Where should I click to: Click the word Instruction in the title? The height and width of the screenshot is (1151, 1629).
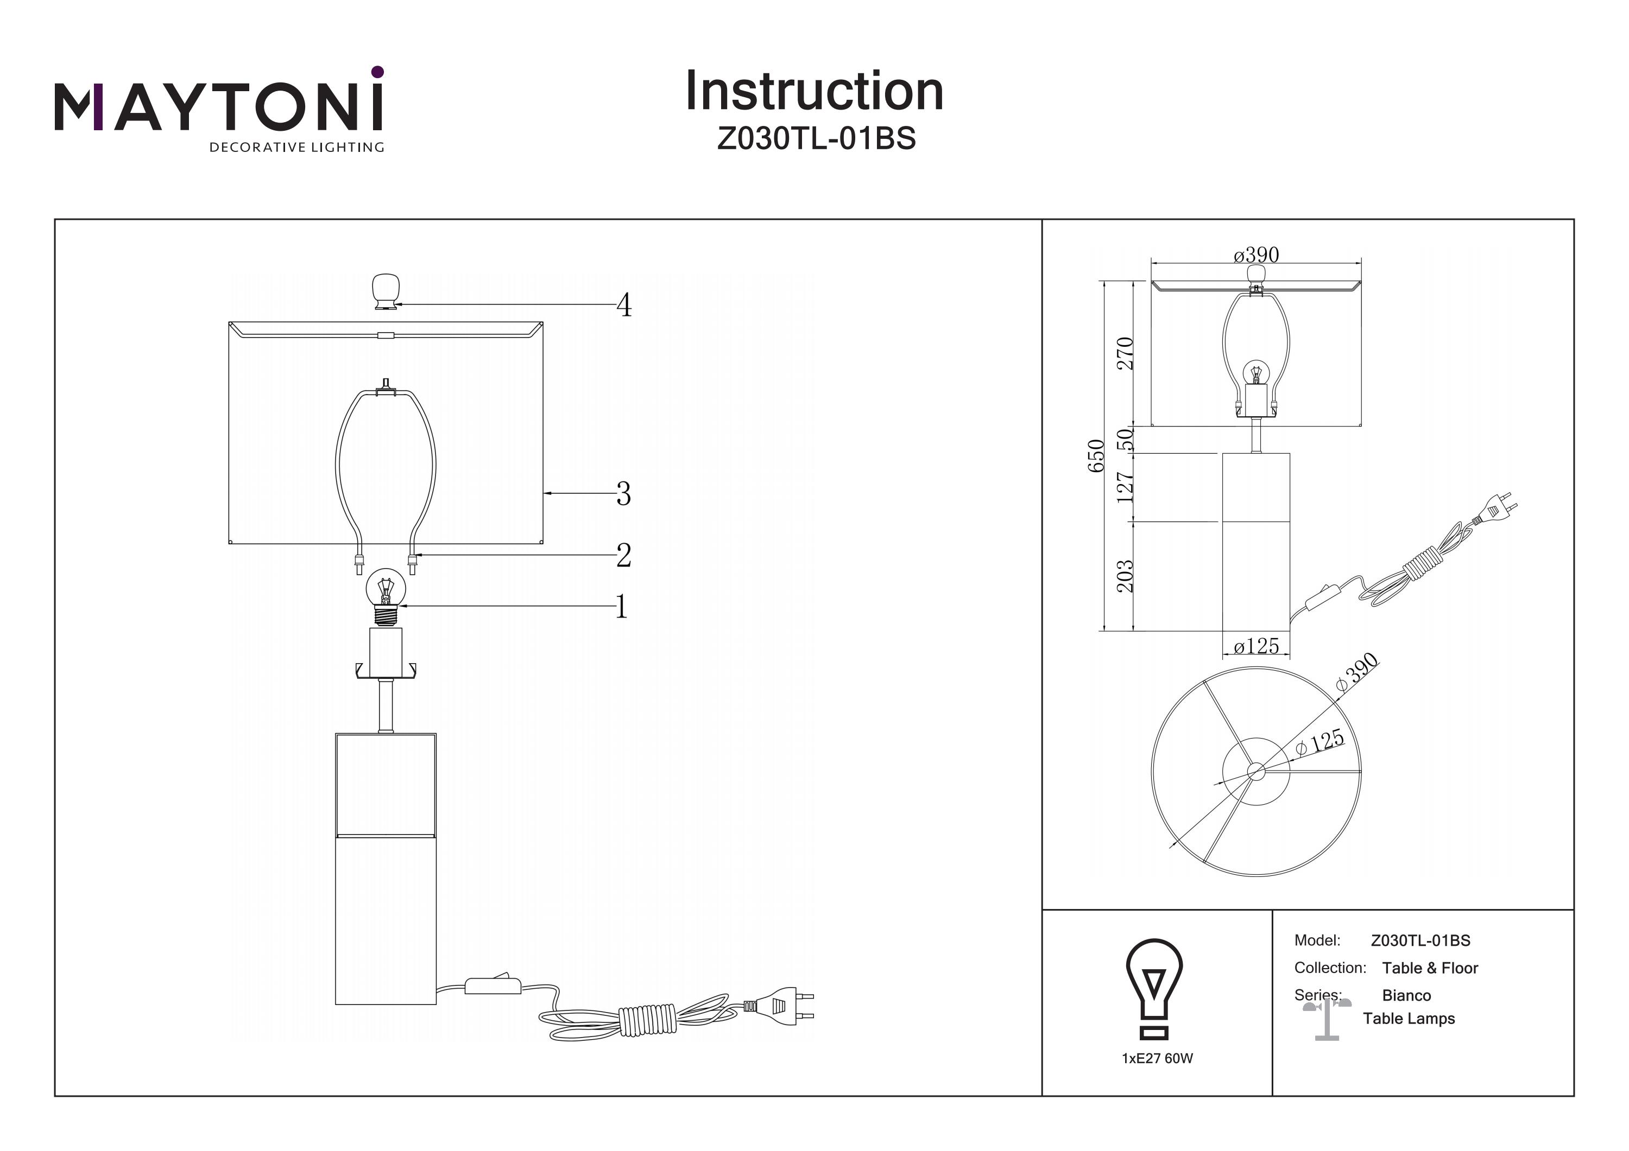point(814,92)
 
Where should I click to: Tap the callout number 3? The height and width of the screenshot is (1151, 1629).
point(623,494)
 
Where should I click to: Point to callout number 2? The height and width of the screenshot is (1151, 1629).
point(623,555)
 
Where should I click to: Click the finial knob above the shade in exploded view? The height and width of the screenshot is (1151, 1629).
point(385,291)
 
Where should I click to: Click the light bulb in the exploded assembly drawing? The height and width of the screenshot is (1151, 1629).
point(385,596)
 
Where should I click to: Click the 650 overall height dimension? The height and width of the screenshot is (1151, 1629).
point(1096,456)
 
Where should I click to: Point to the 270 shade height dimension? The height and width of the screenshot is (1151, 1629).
point(1125,353)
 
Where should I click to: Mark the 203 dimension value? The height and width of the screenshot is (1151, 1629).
point(1125,576)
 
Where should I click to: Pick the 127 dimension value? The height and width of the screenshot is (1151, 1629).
point(1125,487)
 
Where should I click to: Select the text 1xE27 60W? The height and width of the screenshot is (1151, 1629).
point(1157,1059)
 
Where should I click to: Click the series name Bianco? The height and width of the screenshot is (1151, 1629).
point(1406,996)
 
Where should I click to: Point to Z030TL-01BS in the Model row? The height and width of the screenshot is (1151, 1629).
point(1420,941)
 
